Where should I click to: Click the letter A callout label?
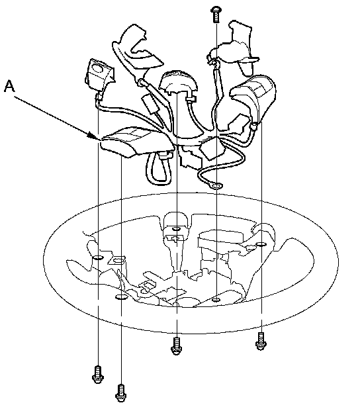tap(9, 86)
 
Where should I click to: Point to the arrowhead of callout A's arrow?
tap(94, 136)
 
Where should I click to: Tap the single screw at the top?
tap(216, 15)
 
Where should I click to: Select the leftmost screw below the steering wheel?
tap(98, 375)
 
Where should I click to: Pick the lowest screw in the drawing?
tap(121, 393)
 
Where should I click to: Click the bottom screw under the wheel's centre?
tap(177, 346)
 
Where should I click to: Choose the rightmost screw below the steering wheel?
tap(261, 341)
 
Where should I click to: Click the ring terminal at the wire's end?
tap(216, 186)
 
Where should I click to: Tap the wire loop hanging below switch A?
tap(159, 169)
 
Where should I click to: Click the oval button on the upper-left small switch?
tap(98, 69)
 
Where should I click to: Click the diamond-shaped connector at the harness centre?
tap(212, 148)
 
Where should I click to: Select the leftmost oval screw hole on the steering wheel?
tap(98, 257)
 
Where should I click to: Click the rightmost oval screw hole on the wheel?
tap(261, 244)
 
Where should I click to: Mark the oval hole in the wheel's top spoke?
tap(177, 229)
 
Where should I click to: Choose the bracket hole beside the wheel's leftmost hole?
tap(118, 260)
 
